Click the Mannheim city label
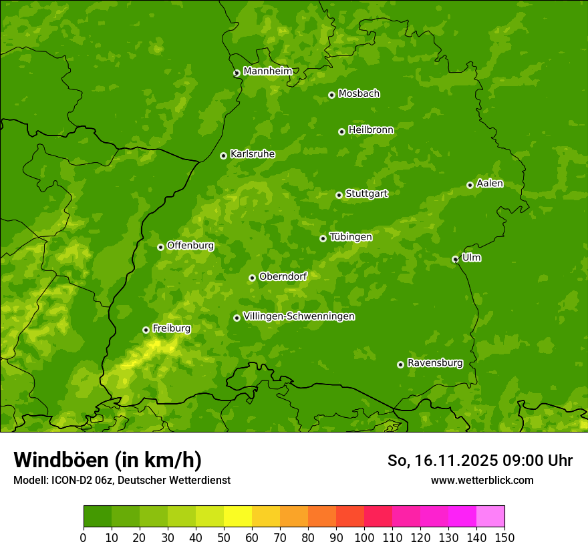click(268, 71)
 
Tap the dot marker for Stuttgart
click(339, 195)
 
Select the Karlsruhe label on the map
click(253, 154)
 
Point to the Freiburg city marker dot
click(146, 330)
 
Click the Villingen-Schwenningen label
click(299, 316)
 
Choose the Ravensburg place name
click(435, 363)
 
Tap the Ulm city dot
click(455, 259)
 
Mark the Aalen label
click(490, 184)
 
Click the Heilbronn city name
click(371, 130)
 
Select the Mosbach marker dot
click(331, 95)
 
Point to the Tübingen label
click(351, 237)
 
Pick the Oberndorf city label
click(283, 276)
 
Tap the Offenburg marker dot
click(160, 247)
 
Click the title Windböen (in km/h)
click(108, 460)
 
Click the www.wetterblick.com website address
click(482, 480)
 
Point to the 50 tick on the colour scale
click(224, 538)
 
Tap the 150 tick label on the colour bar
click(504, 538)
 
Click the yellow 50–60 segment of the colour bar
click(238, 517)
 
